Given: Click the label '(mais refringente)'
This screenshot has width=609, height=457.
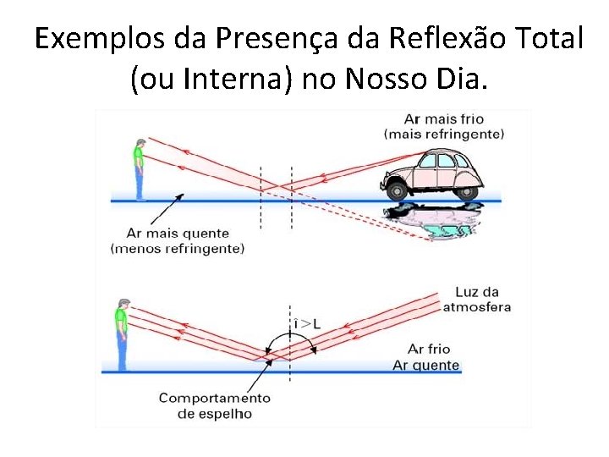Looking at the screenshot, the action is pos(444,134).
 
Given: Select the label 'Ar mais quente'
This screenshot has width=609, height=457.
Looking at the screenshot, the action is pos(178,234).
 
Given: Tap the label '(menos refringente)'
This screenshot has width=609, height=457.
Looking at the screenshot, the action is pos(178,248).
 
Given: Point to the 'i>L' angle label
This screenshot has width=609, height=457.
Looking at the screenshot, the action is pos(305,323).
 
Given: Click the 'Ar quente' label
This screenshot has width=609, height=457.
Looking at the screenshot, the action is pos(426,366).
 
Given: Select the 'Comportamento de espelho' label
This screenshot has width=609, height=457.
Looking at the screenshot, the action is pos(214,405).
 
